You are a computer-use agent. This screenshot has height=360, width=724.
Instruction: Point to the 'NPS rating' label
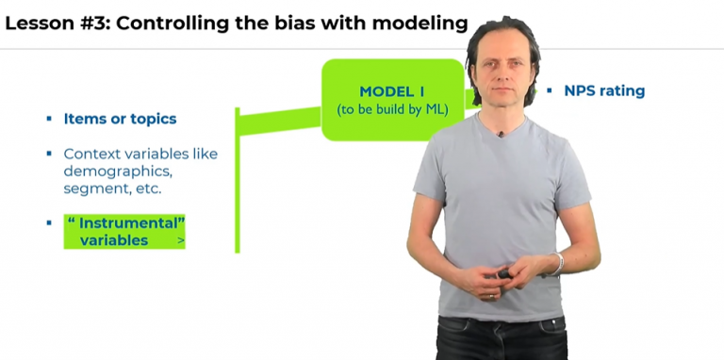point(604,90)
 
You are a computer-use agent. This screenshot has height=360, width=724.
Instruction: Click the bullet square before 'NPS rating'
point(549,90)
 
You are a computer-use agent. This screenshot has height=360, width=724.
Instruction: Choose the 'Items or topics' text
point(120,119)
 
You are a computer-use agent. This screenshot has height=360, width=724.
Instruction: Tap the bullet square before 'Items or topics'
point(49,119)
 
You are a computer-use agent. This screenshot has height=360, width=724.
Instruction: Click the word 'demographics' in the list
point(117,172)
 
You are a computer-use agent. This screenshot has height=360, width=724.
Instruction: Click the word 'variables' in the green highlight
point(113,240)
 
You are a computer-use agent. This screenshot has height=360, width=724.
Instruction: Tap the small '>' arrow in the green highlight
point(180,242)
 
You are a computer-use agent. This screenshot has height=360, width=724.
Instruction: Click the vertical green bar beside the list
point(238,179)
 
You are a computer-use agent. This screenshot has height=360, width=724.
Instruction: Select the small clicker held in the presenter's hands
point(504,274)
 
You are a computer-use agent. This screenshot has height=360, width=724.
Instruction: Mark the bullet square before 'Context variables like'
point(49,154)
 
